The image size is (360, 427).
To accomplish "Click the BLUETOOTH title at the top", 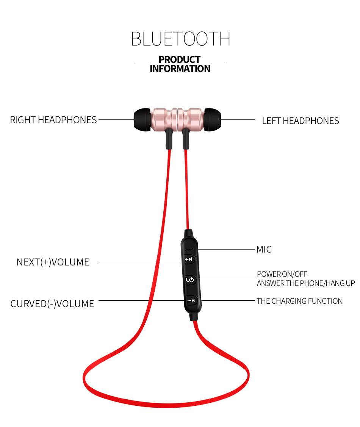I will tap(180, 39).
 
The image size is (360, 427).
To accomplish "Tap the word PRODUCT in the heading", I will tap(180, 60).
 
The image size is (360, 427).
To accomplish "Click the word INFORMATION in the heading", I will tap(180, 69).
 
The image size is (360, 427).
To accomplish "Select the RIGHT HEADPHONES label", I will tap(53, 120).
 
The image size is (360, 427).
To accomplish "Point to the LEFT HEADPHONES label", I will tap(301, 121).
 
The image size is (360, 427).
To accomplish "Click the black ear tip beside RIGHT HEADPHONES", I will tap(141, 120).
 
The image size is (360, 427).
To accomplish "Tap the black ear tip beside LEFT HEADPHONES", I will tap(213, 120).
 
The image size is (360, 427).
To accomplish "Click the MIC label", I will tap(264, 250).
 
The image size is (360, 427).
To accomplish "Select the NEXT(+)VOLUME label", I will tap(53, 262).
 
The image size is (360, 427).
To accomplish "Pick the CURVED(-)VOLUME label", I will tap(52, 304).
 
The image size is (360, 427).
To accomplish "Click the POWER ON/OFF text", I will tap(282, 274).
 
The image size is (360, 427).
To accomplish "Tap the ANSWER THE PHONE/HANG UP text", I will tap(306, 283).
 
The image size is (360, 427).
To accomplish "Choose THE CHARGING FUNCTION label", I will tap(299, 301).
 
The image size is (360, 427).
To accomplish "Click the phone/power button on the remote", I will tap(190, 280).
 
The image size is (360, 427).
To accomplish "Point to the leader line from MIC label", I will tap(227, 250).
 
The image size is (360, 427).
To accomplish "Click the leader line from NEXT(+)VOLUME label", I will tap(140, 261).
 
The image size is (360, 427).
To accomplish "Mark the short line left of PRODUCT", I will tap(142, 62).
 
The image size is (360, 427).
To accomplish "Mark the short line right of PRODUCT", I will tap(218, 62).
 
